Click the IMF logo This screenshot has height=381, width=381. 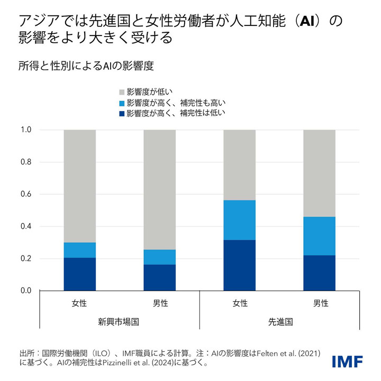coord(347,361)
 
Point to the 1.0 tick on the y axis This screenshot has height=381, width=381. coord(26,130)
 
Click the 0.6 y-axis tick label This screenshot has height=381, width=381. coord(26,194)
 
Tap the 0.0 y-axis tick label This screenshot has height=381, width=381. coord(26,291)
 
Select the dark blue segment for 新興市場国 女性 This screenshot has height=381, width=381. coord(80,274)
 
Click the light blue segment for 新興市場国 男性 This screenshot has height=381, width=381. coord(160,257)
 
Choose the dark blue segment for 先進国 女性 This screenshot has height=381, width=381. coord(240,265)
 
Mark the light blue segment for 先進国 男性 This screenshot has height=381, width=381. coord(320,236)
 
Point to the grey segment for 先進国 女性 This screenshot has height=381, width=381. coord(240,165)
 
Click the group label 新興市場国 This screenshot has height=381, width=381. coord(120,322)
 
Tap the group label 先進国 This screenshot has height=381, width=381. coord(280,322)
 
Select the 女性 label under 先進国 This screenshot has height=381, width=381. coord(240,303)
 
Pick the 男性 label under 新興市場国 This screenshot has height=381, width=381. coord(160,303)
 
